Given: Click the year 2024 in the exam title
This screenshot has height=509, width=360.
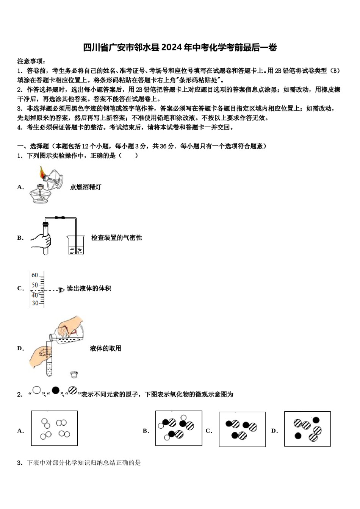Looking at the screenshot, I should pos(172,47).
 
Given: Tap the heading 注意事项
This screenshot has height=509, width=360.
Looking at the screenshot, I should pos(31,61).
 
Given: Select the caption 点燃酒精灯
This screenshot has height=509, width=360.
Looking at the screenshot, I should pos(86,187).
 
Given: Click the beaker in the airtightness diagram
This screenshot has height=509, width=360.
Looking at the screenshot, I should pos(76,245).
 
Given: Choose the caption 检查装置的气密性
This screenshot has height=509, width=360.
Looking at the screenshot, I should pos(116,238).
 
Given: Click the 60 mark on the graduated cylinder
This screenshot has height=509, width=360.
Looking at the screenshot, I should pos(35,275).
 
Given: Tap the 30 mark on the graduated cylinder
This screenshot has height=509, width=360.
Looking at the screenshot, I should pos(35,303).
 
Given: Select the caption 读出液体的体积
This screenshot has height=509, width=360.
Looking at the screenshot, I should pos(89,289).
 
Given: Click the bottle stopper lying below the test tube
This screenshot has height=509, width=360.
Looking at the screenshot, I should pos(74,375).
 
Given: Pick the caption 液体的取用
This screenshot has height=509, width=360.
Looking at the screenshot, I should pos(105,348).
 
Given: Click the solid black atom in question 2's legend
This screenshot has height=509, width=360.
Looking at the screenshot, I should pos(55,390).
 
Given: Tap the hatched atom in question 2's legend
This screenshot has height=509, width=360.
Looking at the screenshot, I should pos(73,390).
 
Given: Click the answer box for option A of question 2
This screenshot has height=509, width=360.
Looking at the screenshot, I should pos(54,428).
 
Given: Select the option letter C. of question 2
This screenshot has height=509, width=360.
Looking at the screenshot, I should pos(209,431).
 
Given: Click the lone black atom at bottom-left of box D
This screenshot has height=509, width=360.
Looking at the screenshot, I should pos(298,436).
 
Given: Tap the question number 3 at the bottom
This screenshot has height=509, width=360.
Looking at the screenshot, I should pos(20,463).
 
